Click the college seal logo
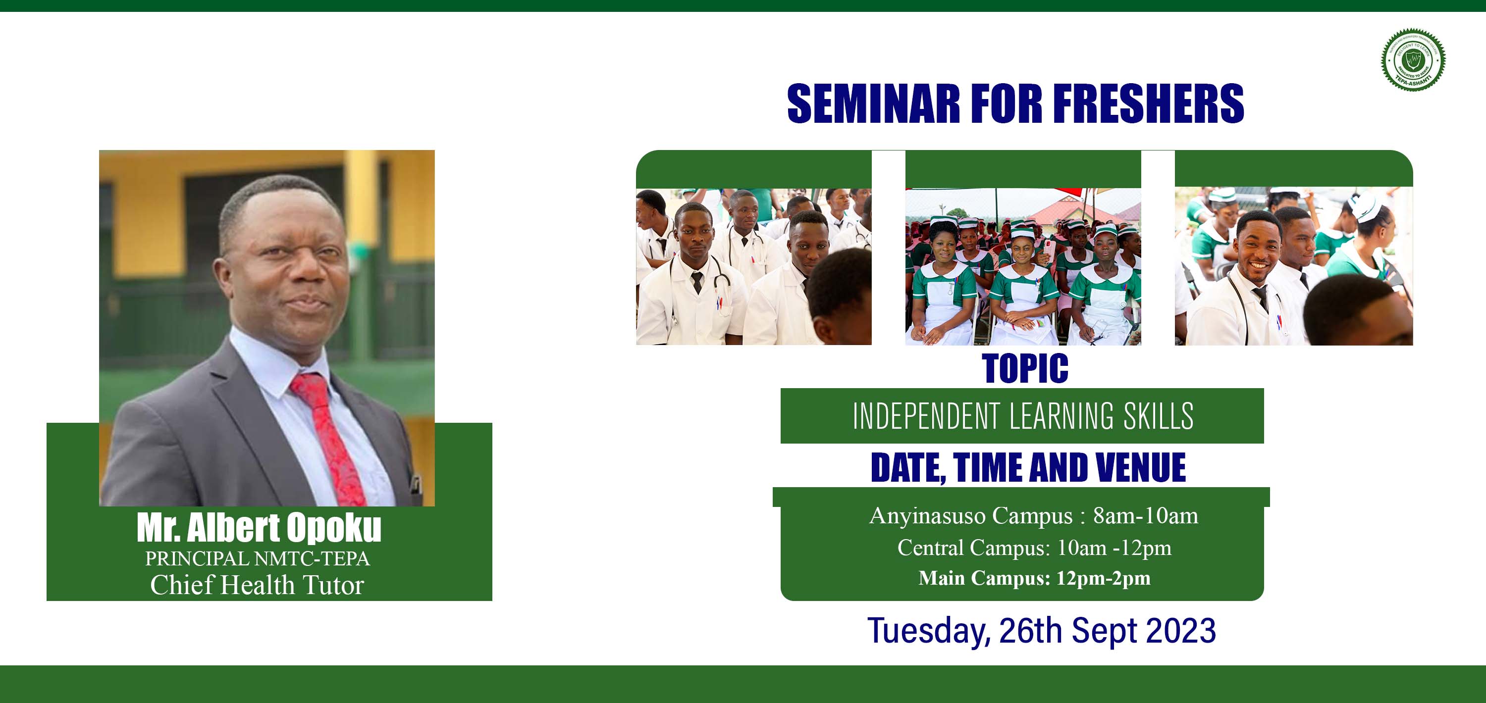1413,59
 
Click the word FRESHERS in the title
1149,103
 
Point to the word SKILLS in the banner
1159,416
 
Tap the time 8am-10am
1146,515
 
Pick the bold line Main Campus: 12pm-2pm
1034,578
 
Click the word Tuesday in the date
928,630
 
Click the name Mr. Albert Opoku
259,528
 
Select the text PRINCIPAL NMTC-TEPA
257,558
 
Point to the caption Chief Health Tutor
257,585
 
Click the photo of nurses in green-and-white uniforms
1023,266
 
